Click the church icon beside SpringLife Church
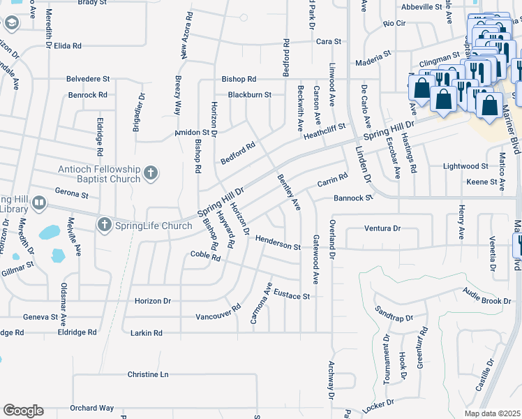tap(105, 225)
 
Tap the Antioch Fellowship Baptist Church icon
tap(151, 172)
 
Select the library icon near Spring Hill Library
tap(39, 204)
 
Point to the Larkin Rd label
tap(146, 333)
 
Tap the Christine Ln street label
tap(148, 374)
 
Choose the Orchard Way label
tap(91, 408)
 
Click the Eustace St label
tap(291, 295)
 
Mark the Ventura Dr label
tap(382, 228)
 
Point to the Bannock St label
tap(352, 198)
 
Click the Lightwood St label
tap(466, 166)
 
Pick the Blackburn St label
tap(249, 94)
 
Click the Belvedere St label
tap(89, 79)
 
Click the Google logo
tap(23, 411)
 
